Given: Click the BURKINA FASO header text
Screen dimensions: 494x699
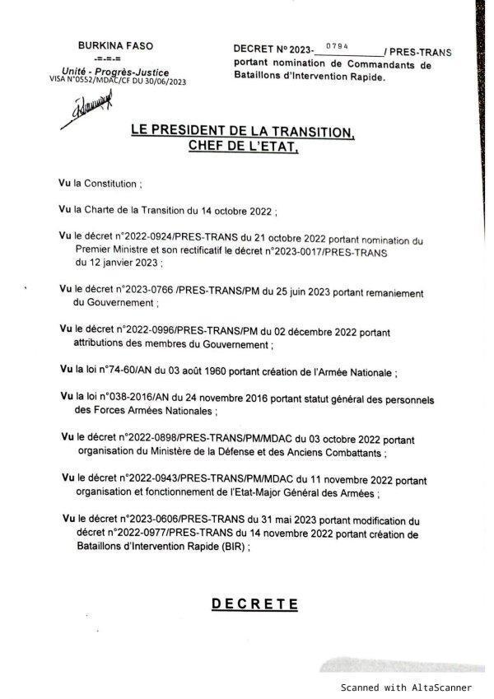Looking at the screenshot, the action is [x=115, y=46].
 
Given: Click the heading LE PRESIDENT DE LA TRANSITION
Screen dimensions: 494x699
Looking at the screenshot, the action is [x=242, y=132].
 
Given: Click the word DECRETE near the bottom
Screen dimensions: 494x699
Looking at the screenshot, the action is [x=254, y=603].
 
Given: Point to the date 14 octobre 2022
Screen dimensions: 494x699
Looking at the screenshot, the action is [x=235, y=211].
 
